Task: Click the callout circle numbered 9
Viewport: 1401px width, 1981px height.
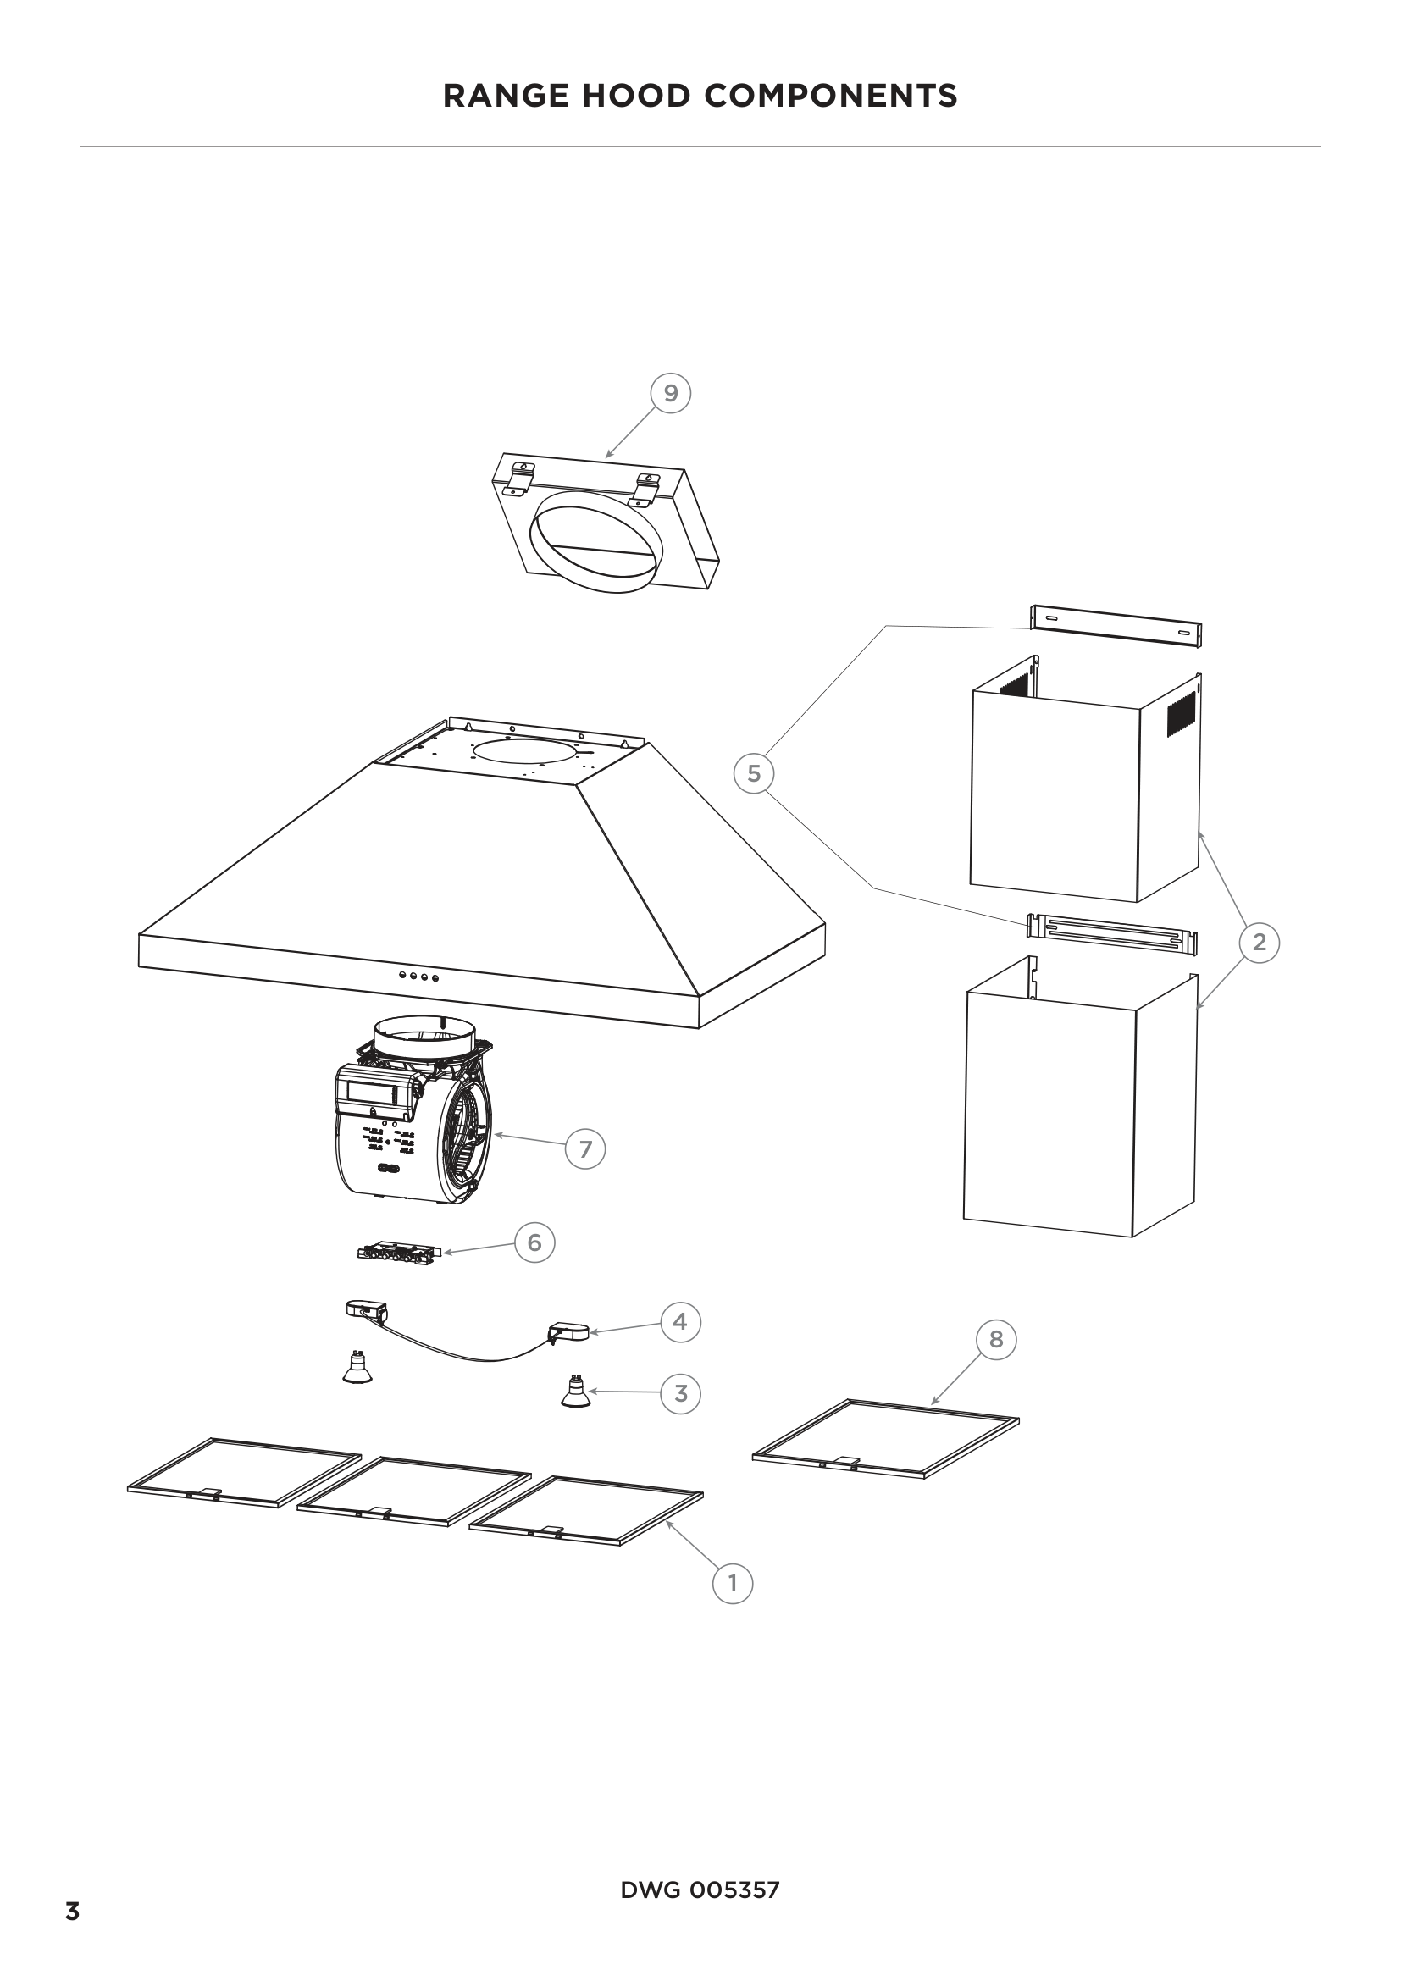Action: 670,394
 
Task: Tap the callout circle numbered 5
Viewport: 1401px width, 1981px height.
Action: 754,773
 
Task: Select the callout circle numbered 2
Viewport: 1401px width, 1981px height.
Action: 1259,942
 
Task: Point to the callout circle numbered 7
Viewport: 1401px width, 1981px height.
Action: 586,1149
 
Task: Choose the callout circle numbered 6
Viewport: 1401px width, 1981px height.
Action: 534,1242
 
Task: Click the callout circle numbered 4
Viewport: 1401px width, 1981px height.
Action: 680,1321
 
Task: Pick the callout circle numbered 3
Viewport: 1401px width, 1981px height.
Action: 681,1392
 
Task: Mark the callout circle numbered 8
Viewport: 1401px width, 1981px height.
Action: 996,1339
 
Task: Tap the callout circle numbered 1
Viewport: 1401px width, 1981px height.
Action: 733,1583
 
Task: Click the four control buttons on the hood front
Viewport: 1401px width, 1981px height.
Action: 418,977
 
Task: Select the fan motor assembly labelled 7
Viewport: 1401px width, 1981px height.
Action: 414,1111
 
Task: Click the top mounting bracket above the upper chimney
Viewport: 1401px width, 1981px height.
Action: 1116,627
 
